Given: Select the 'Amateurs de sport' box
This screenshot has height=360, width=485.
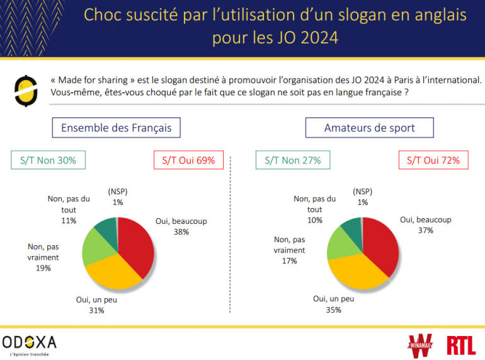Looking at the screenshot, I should click(369, 128).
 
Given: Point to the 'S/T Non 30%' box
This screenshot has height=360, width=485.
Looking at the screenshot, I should click(48, 160).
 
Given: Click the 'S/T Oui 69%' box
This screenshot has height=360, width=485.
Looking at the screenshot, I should click(188, 160).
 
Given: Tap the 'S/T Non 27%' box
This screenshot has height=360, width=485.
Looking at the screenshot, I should click(292, 160).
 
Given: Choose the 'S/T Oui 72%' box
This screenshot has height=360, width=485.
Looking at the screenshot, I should click(433, 160).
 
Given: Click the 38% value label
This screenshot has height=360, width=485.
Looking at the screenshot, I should click(181, 232).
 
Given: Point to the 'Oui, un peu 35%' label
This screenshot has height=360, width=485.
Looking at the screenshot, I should click(333, 304).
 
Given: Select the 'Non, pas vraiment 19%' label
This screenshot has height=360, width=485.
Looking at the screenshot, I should click(43, 257).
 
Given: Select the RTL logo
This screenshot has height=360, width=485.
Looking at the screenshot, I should click(461, 345).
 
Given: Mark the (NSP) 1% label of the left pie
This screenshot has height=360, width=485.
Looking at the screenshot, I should click(117, 197).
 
